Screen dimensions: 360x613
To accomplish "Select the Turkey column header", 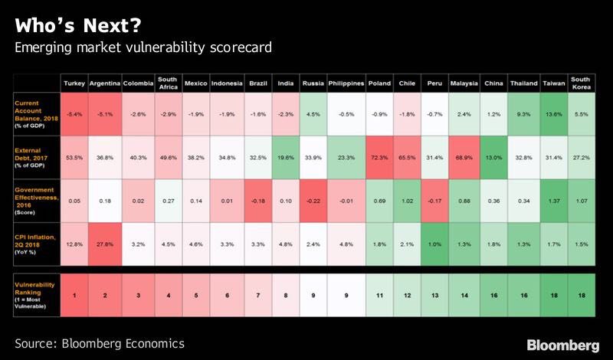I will (74, 82).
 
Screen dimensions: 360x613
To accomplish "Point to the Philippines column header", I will (345, 82).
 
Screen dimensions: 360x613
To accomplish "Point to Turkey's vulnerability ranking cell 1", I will (74, 295).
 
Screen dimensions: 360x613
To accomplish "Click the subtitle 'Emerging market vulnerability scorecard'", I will (146, 47).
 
